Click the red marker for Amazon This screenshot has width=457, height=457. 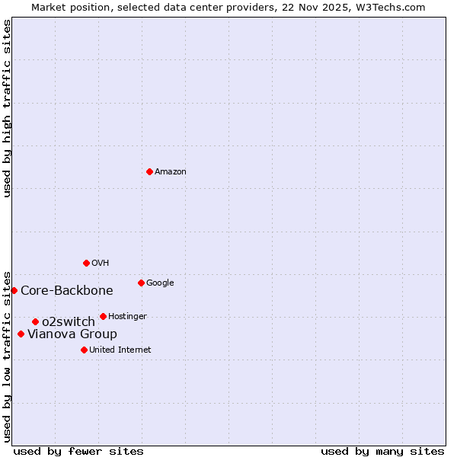coord(149,171)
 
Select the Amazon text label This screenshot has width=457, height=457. coord(170,172)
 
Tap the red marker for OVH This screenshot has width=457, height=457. coord(86,263)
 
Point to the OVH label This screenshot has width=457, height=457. coord(100,264)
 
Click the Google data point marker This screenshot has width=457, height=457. coord(141,283)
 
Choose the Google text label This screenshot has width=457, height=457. coord(160,283)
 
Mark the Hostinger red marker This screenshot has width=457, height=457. coord(103,316)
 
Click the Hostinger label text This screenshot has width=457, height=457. coord(127,317)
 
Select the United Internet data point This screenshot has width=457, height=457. coord(84,350)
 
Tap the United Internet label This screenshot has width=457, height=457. coord(120,350)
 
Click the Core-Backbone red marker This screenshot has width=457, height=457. coord(14,290)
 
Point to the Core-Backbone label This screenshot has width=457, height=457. coord(67,291)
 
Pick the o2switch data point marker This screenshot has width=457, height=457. coord(35,321)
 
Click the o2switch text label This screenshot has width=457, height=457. coord(69,322)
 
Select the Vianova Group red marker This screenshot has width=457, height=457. coord(21,334)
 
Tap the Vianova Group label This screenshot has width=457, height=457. coord(72,334)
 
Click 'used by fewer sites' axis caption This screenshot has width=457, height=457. coord(78,452)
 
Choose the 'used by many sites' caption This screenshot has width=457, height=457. coord(382,452)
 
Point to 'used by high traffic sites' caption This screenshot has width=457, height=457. coord(7,108)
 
